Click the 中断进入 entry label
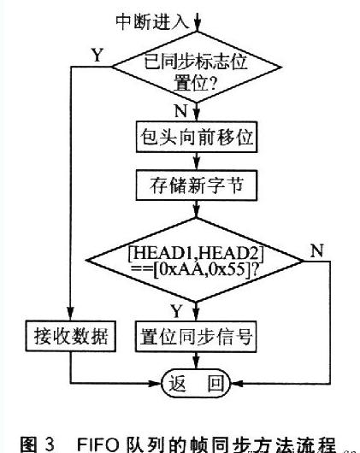(x=152, y=21)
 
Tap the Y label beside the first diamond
(x=97, y=55)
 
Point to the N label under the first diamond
(x=181, y=110)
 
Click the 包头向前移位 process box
(x=197, y=137)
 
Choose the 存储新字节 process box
(x=196, y=185)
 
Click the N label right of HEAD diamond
(x=317, y=250)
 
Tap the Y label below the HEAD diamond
(x=176, y=311)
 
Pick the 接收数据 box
(x=71, y=336)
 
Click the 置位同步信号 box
(x=196, y=337)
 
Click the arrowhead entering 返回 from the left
(x=155, y=384)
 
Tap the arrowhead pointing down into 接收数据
(x=70, y=314)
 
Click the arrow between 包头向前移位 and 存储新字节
(x=197, y=162)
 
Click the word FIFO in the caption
(x=98, y=445)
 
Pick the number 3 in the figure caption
(x=50, y=445)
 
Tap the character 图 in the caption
(x=29, y=445)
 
